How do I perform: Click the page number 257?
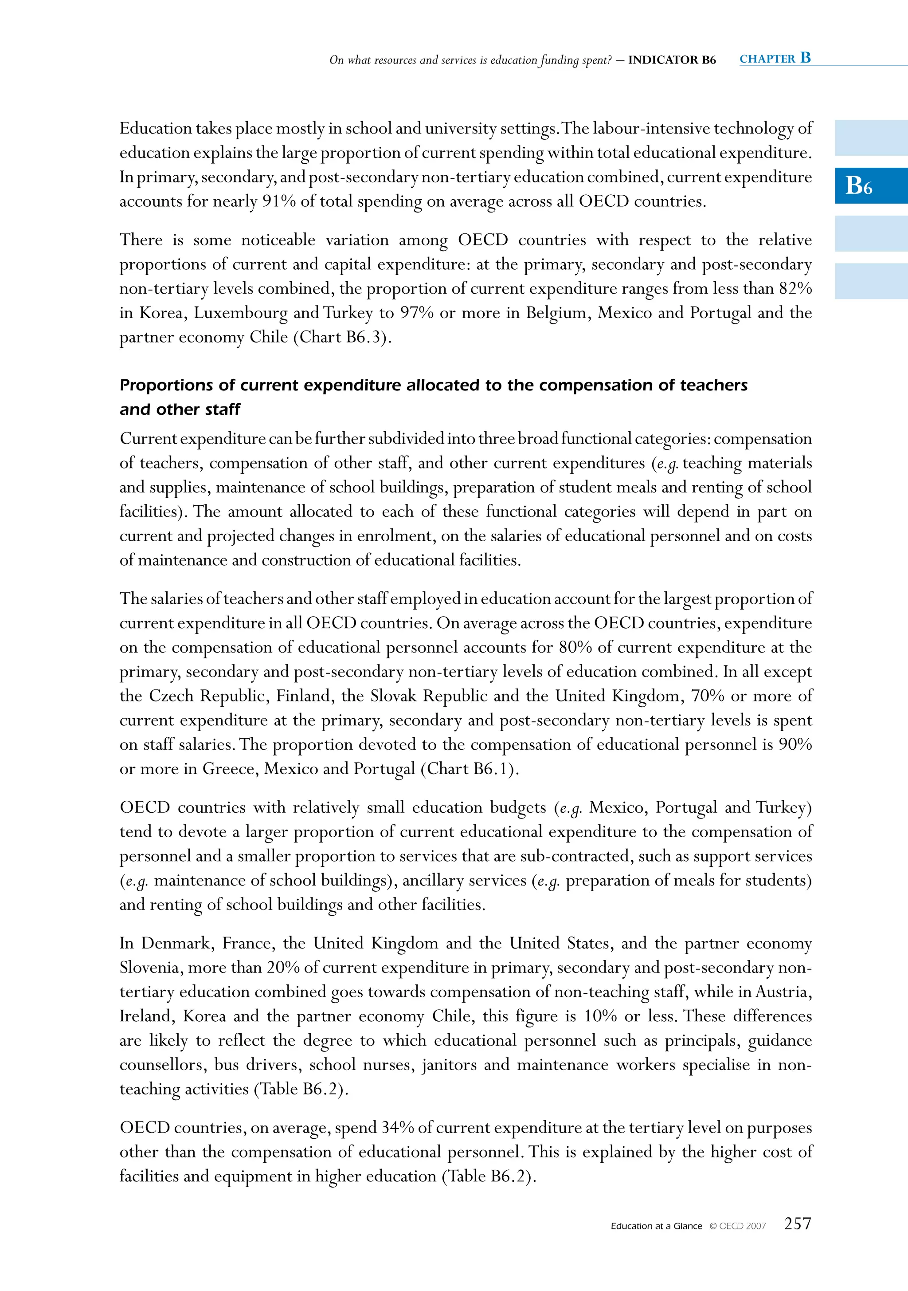point(797,1224)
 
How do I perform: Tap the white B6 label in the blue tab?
point(858,185)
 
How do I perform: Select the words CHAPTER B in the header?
point(775,59)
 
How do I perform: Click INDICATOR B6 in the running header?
point(672,60)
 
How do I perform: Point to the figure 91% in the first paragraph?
point(279,201)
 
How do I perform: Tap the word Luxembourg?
point(240,313)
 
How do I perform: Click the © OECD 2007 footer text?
point(737,1226)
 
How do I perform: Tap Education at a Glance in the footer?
point(656,1226)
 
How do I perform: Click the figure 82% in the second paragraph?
point(795,288)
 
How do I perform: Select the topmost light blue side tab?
point(871,138)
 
